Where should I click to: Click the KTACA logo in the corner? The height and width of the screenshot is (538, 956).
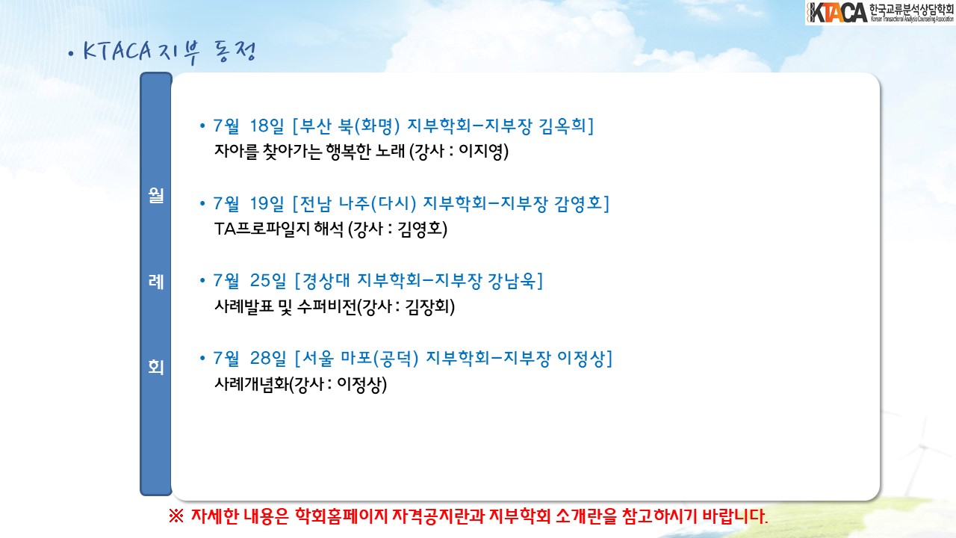click(x=880, y=13)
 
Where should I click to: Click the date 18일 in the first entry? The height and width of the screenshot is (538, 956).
click(x=267, y=126)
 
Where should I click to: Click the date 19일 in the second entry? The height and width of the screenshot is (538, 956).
click(x=267, y=203)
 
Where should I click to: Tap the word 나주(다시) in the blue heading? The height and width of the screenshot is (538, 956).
click(x=377, y=203)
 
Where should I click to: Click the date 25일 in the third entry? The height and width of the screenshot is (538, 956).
click(x=267, y=280)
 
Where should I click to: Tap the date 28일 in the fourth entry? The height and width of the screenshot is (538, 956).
click(x=267, y=358)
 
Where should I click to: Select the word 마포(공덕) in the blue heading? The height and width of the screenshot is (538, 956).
click(x=379, y=358)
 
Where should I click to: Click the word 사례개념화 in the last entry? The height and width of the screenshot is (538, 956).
click(x=252, y=384)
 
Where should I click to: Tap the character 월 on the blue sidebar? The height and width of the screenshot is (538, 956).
click(x=156, y=196)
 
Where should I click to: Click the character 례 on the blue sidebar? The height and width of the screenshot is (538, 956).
click(x=156, y=282)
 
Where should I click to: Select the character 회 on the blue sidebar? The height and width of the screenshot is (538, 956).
click(x=156, y=367)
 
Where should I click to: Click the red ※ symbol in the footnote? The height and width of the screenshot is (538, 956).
click(x=176, y=516)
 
